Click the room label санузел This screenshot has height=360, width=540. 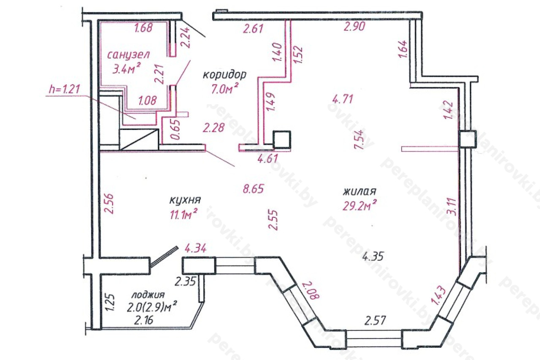tap(128, 55)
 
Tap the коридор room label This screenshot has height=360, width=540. tap(224, 75)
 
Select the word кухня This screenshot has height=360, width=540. tap(185, 200)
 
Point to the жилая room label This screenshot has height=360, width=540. tap(359, 192)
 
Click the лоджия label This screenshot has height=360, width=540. tap(148, 295)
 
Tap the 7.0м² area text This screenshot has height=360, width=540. tap(225, 89)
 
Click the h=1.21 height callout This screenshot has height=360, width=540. tap(65, 89)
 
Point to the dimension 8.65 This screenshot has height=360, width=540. tap(254, 189)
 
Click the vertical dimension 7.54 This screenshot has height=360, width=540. tap(359, 140)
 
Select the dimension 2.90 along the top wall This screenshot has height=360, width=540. tap(354, 26)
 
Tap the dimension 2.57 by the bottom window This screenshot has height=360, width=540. tap(375, 320)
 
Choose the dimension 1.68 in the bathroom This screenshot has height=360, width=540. tap(143, 27)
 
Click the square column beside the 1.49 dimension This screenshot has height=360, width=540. tap(281, 139)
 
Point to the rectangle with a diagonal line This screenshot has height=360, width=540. tap(139, 139)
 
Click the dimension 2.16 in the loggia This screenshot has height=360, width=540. tap(144, 320)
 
